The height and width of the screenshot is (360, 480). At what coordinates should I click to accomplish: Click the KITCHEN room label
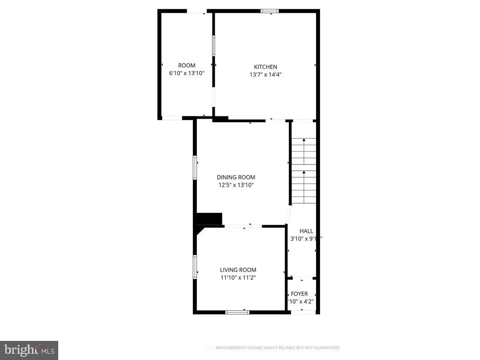(x=265, y=67)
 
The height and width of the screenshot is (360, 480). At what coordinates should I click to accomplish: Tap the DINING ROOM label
(x=236, y=177)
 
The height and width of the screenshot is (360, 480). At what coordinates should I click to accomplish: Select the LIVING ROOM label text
(x=238, y=270)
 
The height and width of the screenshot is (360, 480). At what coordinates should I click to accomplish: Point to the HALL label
(x=306, y=231)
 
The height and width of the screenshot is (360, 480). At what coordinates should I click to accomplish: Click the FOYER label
(x=299, y=294)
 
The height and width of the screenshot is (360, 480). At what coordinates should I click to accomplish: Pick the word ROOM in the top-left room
(x=187, y=65)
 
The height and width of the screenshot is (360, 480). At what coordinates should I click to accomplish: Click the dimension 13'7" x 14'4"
(x=265, y=75)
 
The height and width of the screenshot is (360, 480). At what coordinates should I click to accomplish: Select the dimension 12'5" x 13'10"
(x=236, y=185)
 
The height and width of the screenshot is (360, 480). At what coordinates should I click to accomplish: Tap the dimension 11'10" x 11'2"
(x=238, y=278)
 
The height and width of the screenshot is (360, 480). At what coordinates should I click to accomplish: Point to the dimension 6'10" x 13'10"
(x=187, y=73)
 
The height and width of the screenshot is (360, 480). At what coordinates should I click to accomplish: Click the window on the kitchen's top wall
(x=270, y=11)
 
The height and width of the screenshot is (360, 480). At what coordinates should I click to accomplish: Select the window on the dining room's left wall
(x=195, y=167)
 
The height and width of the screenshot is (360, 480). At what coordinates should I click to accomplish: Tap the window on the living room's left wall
(x=195, y=267)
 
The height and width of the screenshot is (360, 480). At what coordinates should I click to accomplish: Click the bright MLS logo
(x=28, y=350)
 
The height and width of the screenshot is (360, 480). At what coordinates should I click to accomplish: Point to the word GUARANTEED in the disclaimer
(x=325, y=348)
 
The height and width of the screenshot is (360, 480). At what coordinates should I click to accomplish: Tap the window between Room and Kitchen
(x=213, y=46)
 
